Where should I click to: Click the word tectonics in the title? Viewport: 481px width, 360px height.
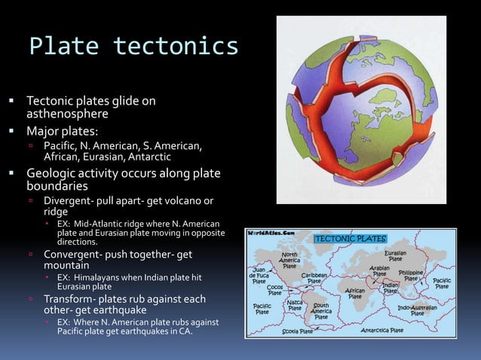pyautogui.click(x=175, y=47)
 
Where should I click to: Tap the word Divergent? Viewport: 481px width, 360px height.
pyautogui.click(x=70, y=201)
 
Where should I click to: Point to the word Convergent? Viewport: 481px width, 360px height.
pyautogui.click(x=73, y=255)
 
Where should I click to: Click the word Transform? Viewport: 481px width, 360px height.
pyautogui.click(x=72, y=299)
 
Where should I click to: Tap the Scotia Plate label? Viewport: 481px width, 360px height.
pyautogui.click(x=296, y=331)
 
